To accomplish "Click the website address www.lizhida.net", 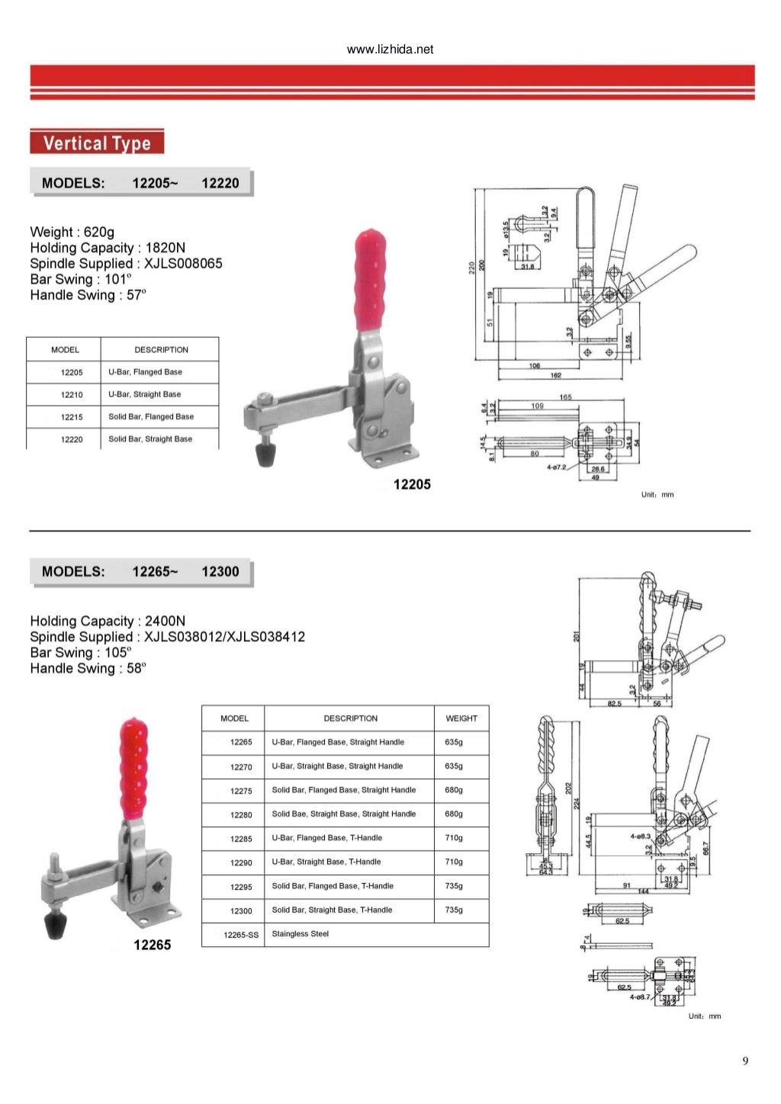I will [x=390, y=50].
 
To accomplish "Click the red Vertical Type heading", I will [x=97, y=143].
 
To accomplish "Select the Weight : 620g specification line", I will [x=72, y=232].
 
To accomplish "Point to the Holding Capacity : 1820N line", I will [x=108, y=248].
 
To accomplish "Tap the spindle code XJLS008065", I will [x=183, y=264].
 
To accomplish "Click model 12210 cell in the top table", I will [x=72, y=395].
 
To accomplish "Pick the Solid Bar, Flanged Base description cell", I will [x=151, y=417].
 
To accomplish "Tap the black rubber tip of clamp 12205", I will [x=265, y=455].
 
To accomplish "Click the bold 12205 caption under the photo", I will [x=412, y=484].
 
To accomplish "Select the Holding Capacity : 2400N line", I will [x=108, y=621].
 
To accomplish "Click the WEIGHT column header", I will [x=461, y=718].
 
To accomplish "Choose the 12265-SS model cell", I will [x=241, y=935].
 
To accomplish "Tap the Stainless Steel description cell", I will [x=301, y=934].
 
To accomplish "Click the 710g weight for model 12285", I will [x=454, y=838].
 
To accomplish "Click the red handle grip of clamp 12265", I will [x=133, y=766].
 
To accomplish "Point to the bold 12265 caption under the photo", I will [x=153, y=945].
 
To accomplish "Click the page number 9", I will [x=745, y=1061].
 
